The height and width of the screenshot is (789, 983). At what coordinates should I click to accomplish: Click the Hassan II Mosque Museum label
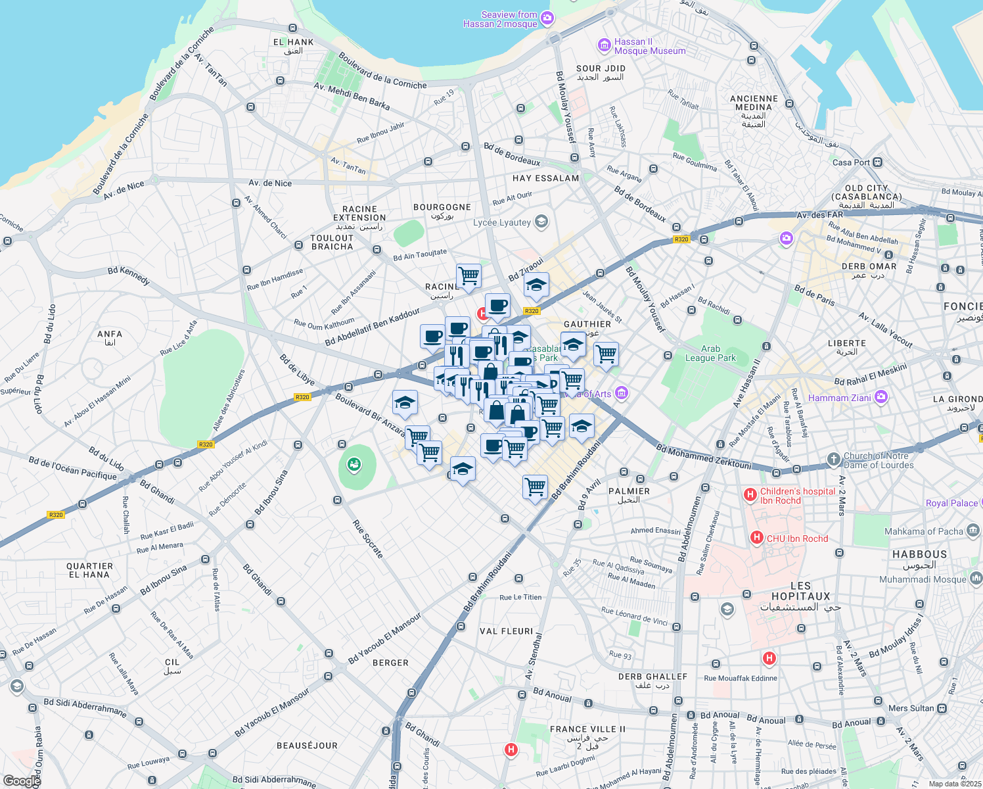click(649, 46)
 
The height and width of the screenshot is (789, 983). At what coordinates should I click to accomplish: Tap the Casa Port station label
click(851, 162)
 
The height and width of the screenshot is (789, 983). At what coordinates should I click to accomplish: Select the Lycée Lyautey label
click(502, 222)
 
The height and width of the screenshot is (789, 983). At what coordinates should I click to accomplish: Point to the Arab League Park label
click(710, 354)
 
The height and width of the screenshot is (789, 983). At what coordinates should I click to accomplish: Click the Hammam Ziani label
click(840, 398)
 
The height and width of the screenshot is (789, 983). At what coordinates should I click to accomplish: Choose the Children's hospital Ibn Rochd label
click(798, 496)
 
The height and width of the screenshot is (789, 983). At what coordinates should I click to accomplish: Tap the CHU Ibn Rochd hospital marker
click(757, 538)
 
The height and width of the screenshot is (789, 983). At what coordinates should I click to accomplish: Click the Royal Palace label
click(951, 503)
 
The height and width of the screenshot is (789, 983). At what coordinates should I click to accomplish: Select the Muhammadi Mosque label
click(923, 579)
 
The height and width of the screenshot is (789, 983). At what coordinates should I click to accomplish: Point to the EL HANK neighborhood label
click(293, 46)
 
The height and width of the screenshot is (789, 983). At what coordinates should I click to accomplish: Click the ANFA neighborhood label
click(110, 337)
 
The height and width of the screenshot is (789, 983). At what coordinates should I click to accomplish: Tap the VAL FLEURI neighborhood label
click(506, 631)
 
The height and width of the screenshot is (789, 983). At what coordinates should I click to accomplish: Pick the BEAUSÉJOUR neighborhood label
click(307, 746)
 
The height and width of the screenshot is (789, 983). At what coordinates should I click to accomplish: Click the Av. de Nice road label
click(270, 183)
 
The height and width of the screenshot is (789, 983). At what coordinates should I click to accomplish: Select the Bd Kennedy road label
click(129, 275)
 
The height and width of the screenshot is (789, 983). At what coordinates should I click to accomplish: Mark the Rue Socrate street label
click(367, 539)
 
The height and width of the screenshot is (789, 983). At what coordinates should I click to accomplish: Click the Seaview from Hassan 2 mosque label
click(500, 19)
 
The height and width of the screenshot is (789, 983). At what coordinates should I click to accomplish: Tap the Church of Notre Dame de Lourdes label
click(879, 460)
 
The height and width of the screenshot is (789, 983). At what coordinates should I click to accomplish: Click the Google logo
click(21, 781)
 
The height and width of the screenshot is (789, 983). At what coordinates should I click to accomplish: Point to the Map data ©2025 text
click(955, 784)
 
